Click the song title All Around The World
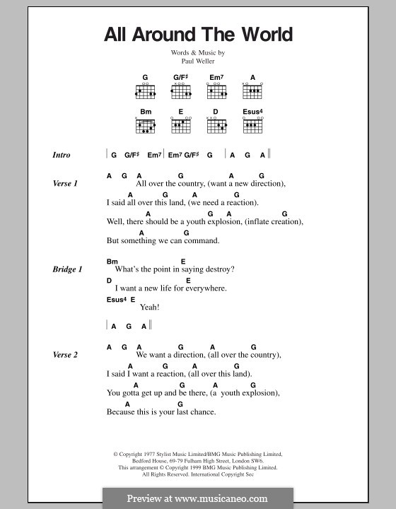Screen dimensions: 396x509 click(x=197, y=35)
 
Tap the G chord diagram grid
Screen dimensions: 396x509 click(x=145, y=91)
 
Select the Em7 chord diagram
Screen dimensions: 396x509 click(x=216, y=91)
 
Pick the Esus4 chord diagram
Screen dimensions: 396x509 click(x=252, y=127)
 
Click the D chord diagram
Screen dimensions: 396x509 click(x=216, y=127)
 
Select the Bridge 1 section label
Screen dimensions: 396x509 click(x=67, y=269)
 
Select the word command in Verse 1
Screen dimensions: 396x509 click(x=201, y=240)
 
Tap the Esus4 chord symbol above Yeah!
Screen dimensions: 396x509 click(x=115, y=299)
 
